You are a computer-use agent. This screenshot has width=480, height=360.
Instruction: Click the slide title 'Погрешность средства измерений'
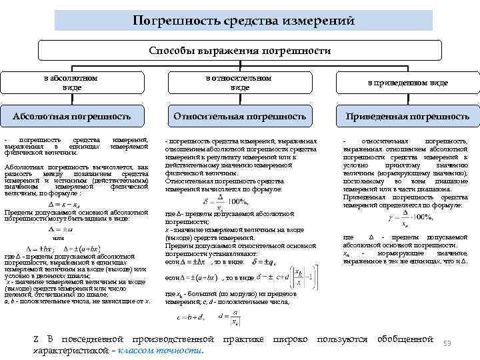coord(240,21)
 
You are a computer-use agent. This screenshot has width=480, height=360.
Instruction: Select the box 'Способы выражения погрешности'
coord(239,51)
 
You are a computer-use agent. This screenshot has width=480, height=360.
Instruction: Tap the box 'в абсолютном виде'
coord(70,83)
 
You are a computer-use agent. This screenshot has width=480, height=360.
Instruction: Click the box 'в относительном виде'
coord(239,83)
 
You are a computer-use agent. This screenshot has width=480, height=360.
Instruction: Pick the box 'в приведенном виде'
coord(408,83)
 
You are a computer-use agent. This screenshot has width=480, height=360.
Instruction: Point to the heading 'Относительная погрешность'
coord(239,117)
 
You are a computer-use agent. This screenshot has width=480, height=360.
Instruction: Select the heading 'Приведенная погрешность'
coord(407,117)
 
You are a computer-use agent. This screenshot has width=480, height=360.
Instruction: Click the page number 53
coord(447,343)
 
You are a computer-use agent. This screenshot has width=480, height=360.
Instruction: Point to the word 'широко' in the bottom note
coord(290,339)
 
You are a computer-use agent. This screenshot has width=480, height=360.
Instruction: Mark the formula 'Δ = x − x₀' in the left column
coord(65,203)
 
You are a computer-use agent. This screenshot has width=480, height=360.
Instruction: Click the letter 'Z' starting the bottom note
coord(35,340)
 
